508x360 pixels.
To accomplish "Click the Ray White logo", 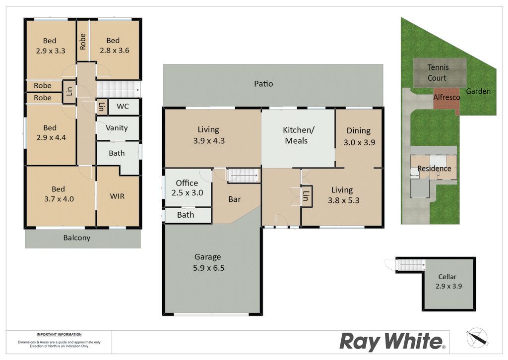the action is point(392,342).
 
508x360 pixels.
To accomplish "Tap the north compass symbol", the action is point(477,338).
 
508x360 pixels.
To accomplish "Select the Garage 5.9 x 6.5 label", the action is point(208,262).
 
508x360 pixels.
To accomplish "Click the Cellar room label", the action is point(448,281).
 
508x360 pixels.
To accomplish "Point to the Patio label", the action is point(263,84).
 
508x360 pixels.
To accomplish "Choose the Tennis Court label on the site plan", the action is point(438,72).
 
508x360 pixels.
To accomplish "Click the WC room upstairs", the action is point(124,107).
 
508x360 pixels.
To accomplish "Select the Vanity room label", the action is point(117,128).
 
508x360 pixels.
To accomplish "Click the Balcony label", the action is point(77,238).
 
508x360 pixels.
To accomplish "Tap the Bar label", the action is point(235,199).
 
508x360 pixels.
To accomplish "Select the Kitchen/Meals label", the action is point(298,135).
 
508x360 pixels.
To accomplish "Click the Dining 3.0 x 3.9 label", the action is point(359,136).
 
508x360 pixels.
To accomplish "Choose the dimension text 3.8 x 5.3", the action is point(343,200).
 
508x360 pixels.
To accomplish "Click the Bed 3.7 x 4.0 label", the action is point(59,194).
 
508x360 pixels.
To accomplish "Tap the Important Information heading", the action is point(59,334).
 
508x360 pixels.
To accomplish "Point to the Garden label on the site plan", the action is point(478,91).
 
